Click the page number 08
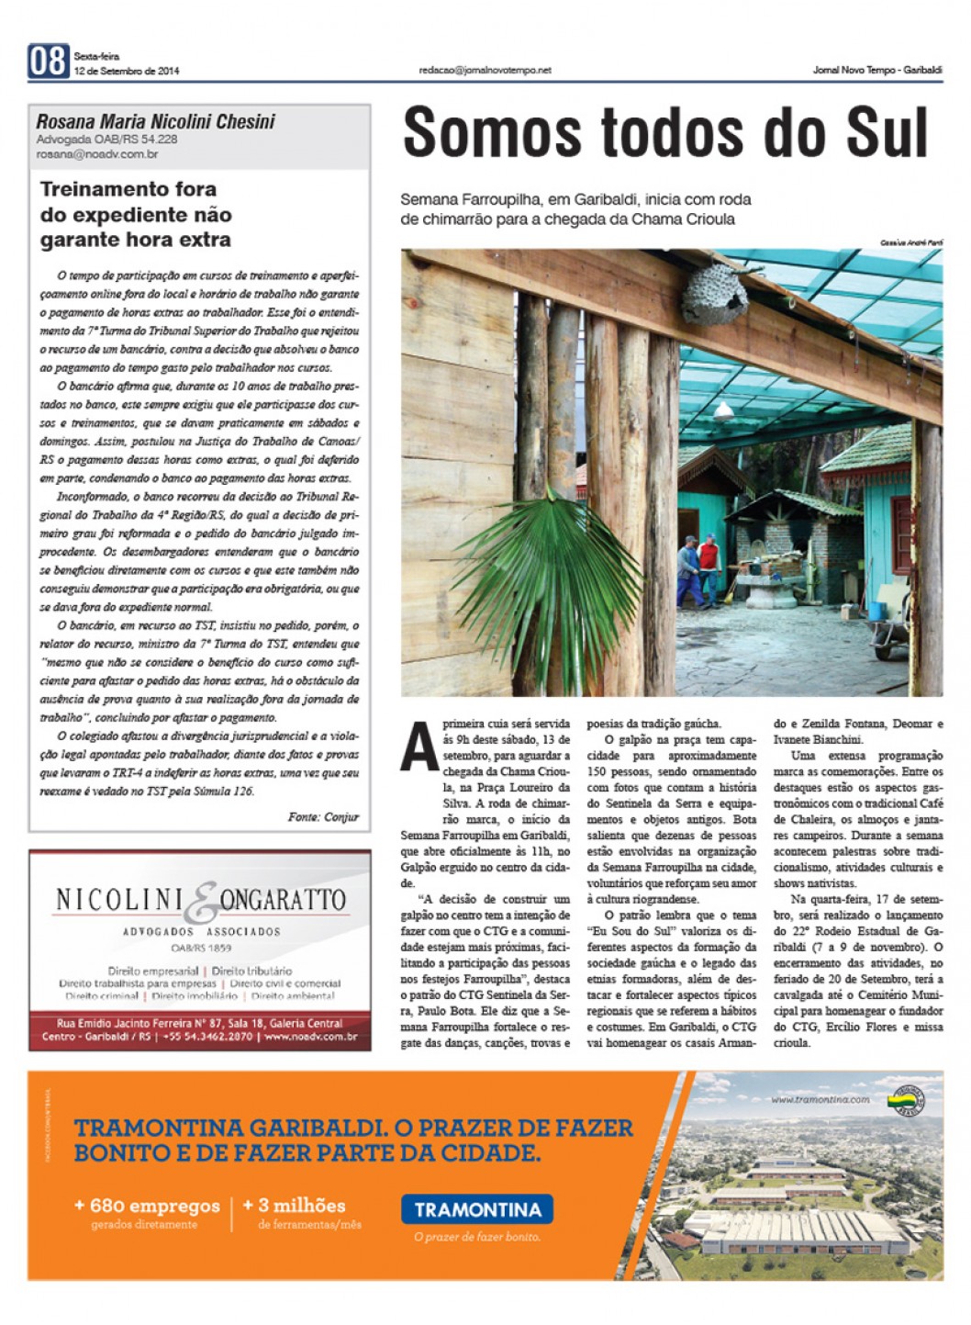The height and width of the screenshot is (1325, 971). click(x=48, y=62)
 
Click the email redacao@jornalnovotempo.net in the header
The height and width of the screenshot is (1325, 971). click(x=485, y=70)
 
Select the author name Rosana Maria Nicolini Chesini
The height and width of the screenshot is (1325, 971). click(x=155, y=121)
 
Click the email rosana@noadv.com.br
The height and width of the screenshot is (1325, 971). click(x=97, y=154)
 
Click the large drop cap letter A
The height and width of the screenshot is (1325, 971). click(x=419, y=747)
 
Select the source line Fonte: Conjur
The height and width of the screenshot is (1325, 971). click(x=323, y=816)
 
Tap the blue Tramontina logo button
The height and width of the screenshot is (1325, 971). click(x=477, y=1209)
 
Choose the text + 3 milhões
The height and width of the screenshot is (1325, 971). click(x=294, y=1206)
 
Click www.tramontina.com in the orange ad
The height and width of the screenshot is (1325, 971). click(x=820, y=1099)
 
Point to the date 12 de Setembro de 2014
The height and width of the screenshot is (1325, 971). click(x=127, y=71)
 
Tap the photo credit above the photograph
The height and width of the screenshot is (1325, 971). click(x=910, y=242)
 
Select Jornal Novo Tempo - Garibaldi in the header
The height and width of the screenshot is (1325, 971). click(x=877, y=70)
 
